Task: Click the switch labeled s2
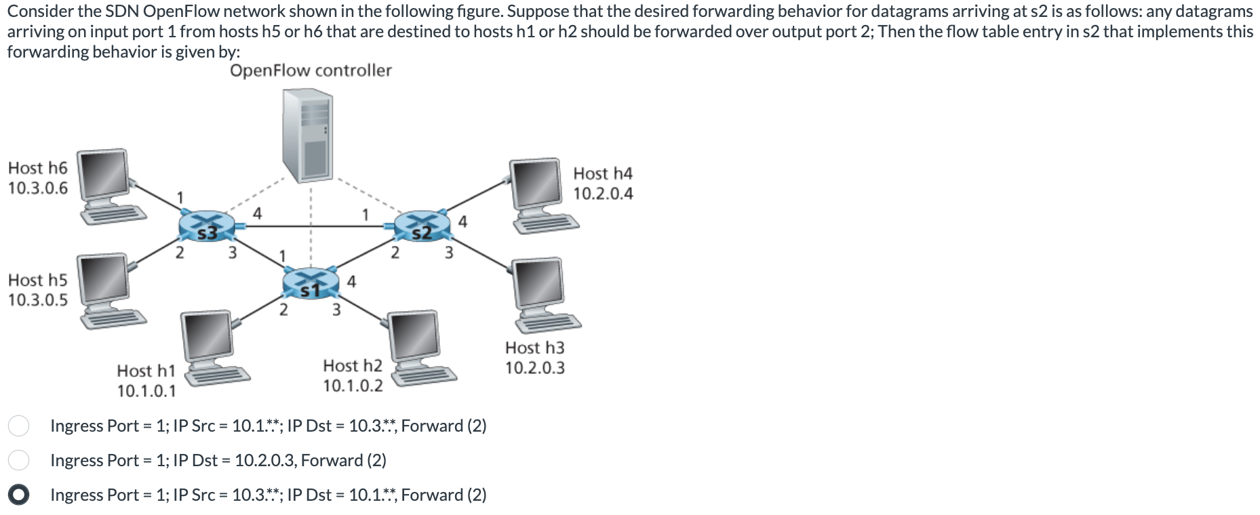point(422,226)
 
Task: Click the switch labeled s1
point(311,283)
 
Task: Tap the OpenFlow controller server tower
point(307,136)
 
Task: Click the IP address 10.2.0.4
point(603,194)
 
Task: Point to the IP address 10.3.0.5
point(38,300)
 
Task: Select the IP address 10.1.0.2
point(353,386)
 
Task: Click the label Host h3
point(534,348)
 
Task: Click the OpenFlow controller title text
point(311,70)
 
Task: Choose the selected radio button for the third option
point(18,495)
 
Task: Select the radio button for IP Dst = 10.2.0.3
point(18,460)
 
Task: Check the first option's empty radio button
point(18,426)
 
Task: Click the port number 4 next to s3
point(257,213)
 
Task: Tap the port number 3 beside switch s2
point(448,253)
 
